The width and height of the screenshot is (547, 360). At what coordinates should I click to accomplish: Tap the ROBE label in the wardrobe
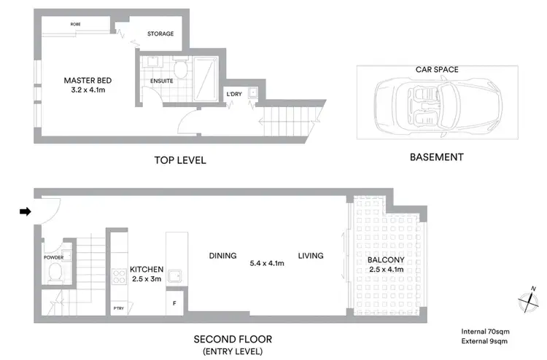pos(75,24)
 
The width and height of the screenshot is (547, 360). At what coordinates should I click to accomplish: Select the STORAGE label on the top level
pos(160,33)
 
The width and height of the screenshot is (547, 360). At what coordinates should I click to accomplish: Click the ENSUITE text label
pos(162,81)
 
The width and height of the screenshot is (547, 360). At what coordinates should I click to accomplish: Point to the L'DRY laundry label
pos(233,94)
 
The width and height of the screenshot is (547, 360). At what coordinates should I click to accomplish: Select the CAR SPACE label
pos(438,70)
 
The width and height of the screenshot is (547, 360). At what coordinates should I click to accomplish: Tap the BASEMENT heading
pos(436,157)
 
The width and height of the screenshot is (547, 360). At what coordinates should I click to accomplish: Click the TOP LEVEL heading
pos(179,160)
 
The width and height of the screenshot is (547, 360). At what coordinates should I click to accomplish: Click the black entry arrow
pos(25,212)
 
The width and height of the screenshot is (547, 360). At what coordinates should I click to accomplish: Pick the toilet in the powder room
pos(54,273)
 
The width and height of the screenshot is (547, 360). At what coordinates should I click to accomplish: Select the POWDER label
pos(53,257)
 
